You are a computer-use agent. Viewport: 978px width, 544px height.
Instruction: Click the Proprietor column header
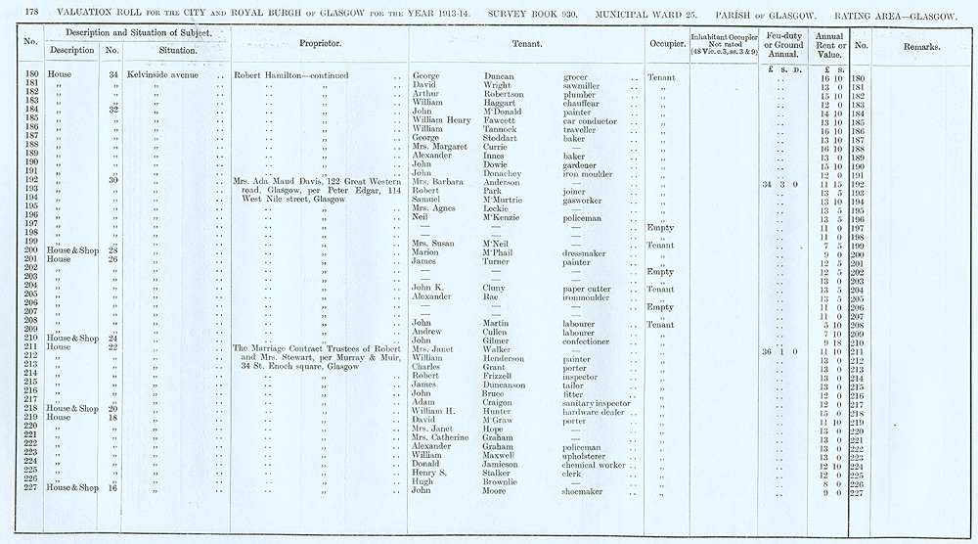point(318,44)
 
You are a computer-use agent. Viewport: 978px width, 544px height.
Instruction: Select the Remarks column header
point(921,46)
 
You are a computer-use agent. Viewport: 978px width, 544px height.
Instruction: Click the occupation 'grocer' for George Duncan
point(578,76)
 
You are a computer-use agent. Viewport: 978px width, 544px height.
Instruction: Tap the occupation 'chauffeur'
point(585,103)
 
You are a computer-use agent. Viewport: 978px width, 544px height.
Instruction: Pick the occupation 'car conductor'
point(592,120)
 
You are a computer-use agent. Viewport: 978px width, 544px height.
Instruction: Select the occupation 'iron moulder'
point(591,173)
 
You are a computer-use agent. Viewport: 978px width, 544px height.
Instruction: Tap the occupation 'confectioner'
point(592,340)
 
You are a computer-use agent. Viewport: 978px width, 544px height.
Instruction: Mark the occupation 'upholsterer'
point(590,456)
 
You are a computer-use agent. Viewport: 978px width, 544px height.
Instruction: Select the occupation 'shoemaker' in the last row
point(586,491)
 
